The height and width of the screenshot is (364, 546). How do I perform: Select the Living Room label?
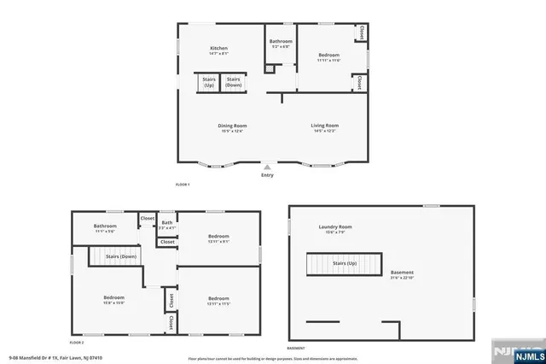pyautogui.click(x=324, y=128)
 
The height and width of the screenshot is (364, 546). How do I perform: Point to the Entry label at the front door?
pyautogui.click(x=268, y=174)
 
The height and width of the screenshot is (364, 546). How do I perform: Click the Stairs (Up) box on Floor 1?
pyautogui.click(x=209, y=83)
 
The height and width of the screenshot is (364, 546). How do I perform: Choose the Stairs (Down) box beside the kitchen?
pyautogui.click(x=234, y=83)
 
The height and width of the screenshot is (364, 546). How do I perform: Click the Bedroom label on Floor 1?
pyautogui.click(x=328, y=56)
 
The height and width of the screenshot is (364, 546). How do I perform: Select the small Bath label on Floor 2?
pyautogui.click(x=167, y=226)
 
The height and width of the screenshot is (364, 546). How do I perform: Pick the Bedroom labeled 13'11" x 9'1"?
pyautogui.click(x=218, y=238)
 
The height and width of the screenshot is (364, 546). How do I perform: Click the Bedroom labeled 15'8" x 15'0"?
pyautogui.click(x=114, y=300)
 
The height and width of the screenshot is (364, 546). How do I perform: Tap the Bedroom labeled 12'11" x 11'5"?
pyautogui.click(x=218, y=300)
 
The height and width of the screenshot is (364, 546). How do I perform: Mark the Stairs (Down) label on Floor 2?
pyautogui.click(x=121, y=256)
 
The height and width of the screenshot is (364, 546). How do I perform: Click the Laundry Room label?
pyautogui.click(x=334, y=229)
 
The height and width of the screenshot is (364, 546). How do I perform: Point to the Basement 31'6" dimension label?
pyautogui.click(x=402, y=274)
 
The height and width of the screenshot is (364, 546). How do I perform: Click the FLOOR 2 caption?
pyautogui.click(x=78, y=341)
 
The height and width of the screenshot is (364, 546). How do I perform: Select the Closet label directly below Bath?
pyautogui.click(x=167, y=242)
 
